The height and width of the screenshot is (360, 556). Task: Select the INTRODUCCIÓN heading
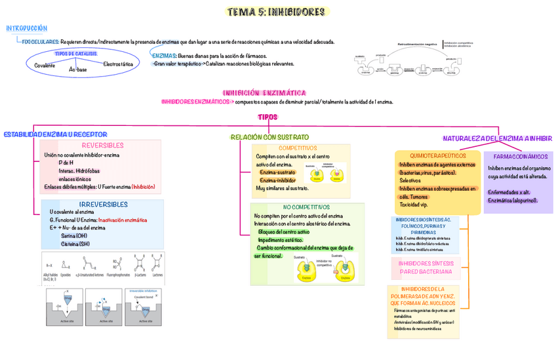tap(27, 28)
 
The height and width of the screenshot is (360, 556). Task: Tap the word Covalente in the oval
tap(45, 66)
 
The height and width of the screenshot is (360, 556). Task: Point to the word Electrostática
tap(118, 64)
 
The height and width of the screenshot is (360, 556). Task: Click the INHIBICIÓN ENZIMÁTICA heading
tap(264, 93)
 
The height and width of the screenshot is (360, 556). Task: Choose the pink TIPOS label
tap(268, 117)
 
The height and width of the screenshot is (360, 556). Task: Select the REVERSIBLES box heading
tap(102, 145)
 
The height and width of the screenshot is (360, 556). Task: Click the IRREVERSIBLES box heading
tap(103, 204)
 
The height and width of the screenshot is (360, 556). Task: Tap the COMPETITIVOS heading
tap(297, 148)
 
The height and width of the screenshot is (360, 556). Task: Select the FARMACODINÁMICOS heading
tap(520, 157)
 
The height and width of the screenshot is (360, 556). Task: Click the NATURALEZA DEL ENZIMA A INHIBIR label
tap(498, 138)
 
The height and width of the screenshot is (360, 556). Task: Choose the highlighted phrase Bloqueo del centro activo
tap(285, 232)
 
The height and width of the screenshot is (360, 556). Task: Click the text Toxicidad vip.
tap(418, 204)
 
